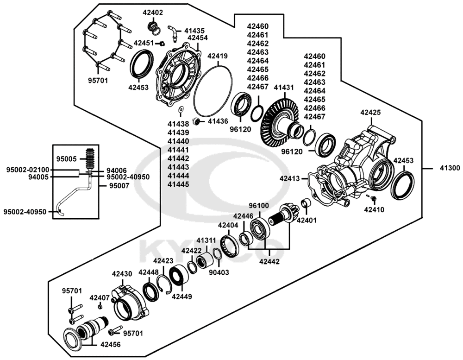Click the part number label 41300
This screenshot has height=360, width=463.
(x=450, y=168)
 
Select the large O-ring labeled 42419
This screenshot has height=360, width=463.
(x=213, y=91)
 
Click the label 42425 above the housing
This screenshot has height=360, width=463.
(x=370, y=112)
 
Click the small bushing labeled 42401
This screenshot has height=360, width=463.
(x=306, y=204)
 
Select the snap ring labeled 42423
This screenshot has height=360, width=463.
(x=164, y=284)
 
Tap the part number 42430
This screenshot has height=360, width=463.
(x=122, y=274)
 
